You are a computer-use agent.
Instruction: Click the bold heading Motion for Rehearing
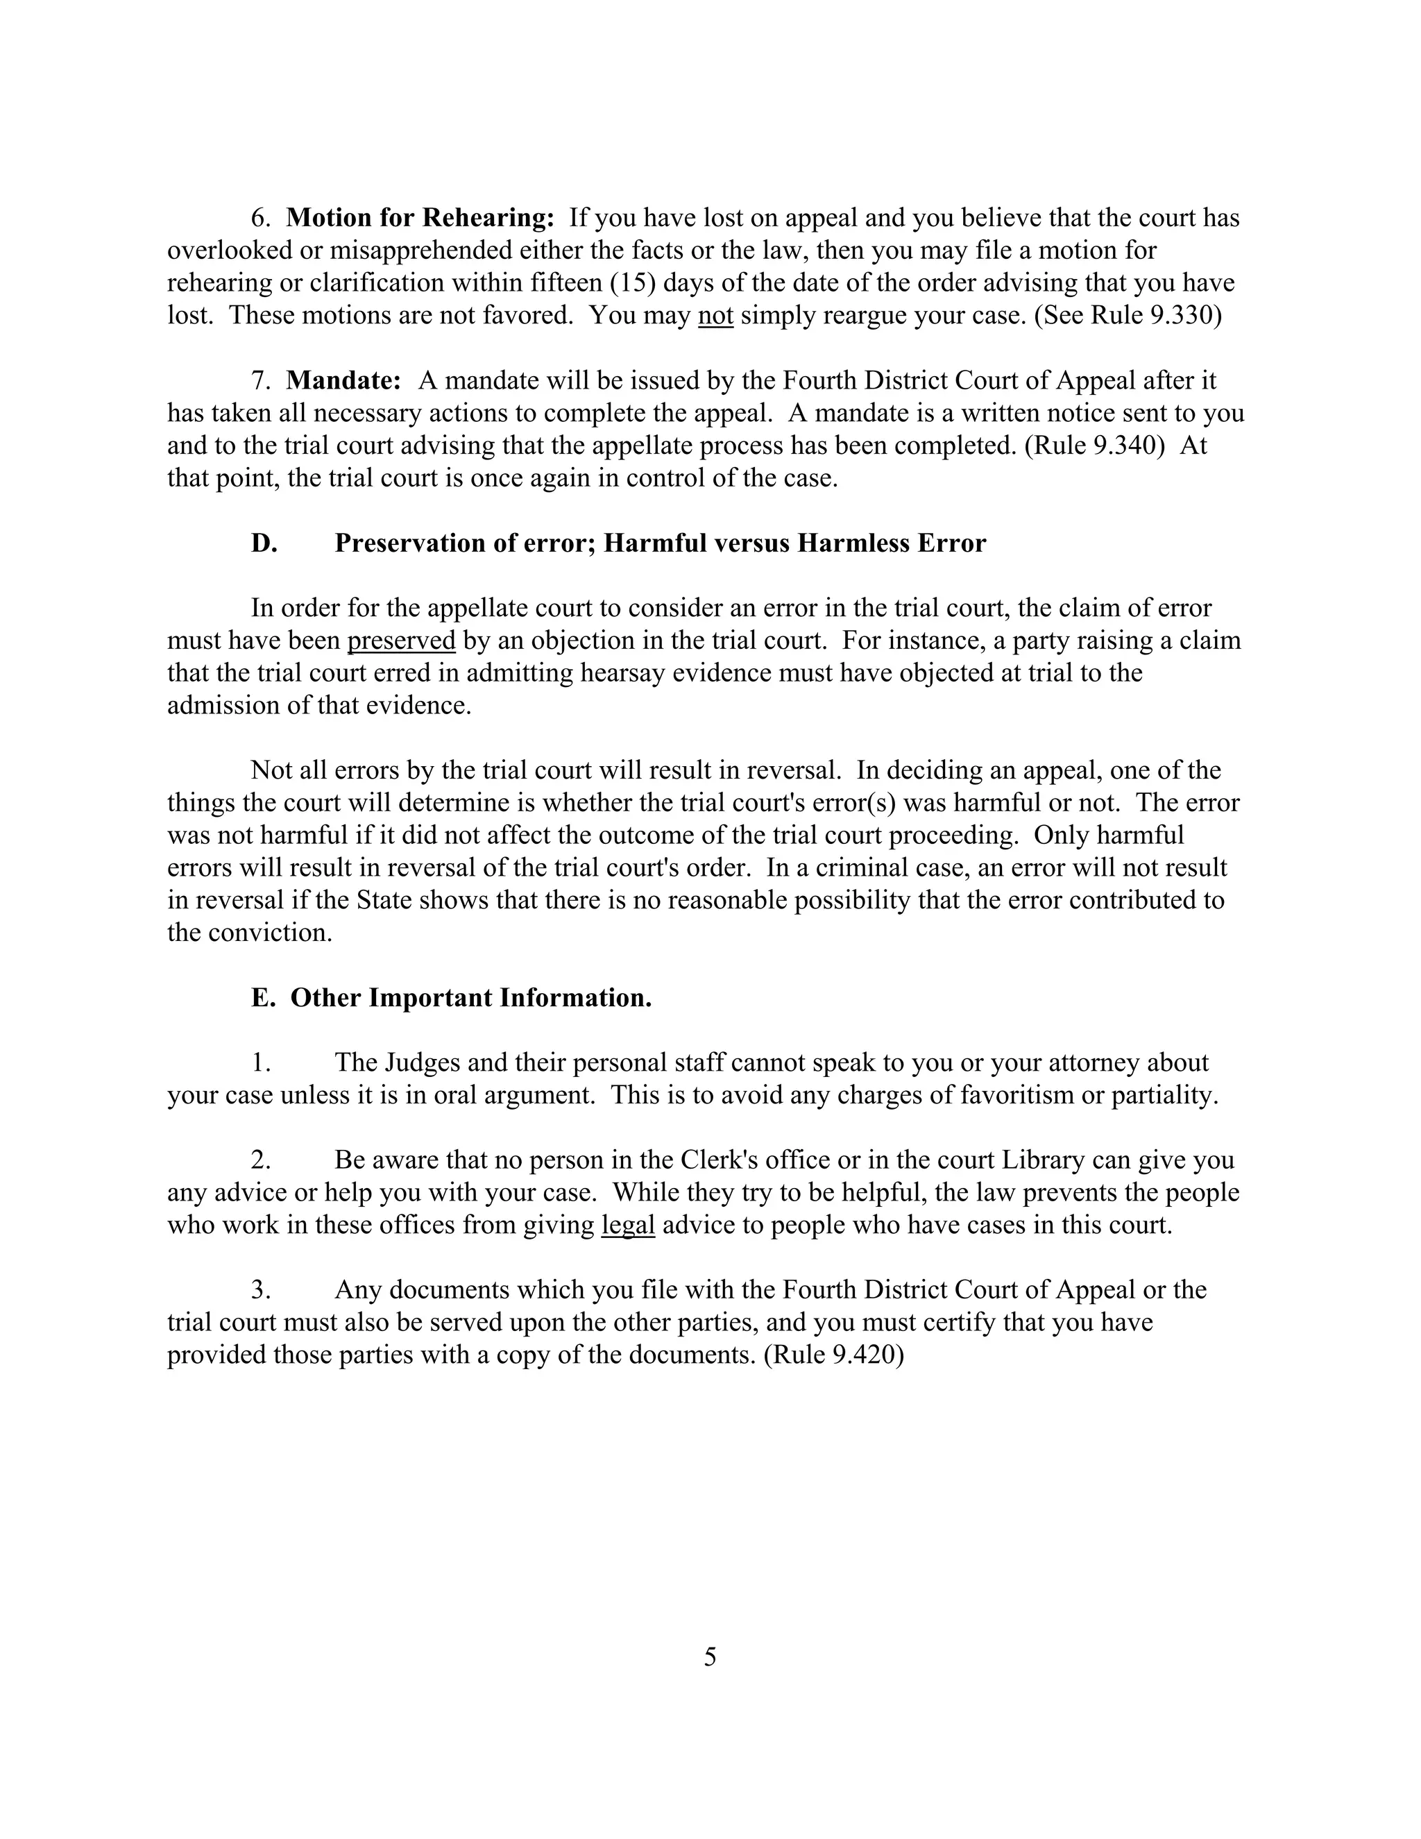point(419,218)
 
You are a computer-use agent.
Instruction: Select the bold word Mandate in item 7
point(343,380)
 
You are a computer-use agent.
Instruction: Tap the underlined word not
point(715,316)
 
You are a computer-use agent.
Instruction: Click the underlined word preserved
point(401,641)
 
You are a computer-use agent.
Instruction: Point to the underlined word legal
point(628,1225)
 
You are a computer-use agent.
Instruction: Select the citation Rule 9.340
point(1095,446)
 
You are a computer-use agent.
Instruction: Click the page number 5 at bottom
point(710,1657)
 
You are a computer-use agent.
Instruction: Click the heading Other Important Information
point(470,998)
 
